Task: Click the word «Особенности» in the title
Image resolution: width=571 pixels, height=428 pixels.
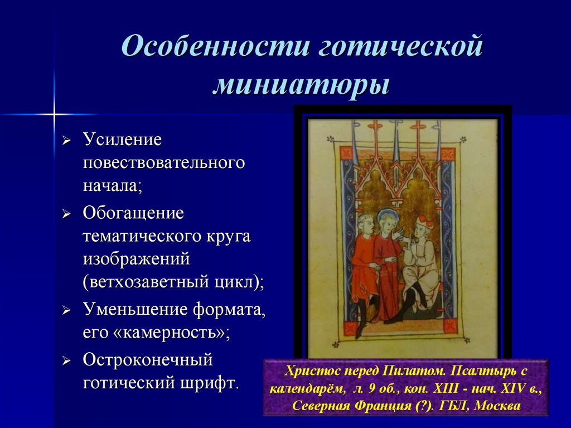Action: point(216,46)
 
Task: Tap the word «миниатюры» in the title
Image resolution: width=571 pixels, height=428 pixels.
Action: point(302,85)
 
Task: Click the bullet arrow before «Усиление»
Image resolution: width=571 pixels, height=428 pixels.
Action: point(66,141)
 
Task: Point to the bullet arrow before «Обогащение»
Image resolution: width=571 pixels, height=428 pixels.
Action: point(66,214)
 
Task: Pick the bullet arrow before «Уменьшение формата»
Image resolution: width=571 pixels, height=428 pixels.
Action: point(66,311)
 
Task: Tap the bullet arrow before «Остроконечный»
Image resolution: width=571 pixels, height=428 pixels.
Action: point(66,361)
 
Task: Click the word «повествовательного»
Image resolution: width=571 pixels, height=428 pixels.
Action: point(164,163)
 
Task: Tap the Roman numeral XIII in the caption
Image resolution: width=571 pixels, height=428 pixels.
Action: point(446,388)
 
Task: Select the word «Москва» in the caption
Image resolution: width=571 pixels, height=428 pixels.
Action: point(497,406)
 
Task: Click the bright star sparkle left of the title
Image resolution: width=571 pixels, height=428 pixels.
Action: point(54,114)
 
